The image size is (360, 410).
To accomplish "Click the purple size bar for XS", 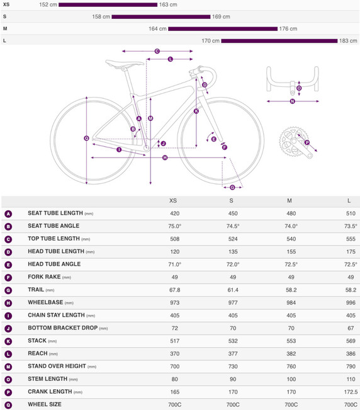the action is point(108,4).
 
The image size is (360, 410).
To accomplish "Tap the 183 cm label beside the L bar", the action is point(348,41).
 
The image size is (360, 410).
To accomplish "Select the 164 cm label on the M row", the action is point(157,29).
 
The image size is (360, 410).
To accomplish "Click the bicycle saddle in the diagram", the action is point(125,64).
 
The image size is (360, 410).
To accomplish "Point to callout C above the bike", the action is point(157,51).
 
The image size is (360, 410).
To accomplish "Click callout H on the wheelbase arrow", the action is point(165,157).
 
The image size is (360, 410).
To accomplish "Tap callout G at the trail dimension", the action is point(232,187).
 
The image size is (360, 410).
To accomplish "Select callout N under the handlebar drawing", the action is point(292,101).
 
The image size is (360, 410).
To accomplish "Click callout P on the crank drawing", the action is point(307,142).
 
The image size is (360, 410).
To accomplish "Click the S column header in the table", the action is point(231,200).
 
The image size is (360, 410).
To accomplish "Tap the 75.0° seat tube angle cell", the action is point(175,226).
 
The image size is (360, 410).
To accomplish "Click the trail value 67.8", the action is point(175,290).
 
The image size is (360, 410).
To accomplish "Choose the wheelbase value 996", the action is point(351,302).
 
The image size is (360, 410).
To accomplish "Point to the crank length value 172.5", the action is point(351,392).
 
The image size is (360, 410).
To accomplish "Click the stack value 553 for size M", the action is point(291,341).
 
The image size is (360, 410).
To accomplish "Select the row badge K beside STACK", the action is point(8,341).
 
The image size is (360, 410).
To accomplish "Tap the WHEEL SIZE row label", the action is point(45,404).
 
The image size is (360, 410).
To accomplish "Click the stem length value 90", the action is point(233,379).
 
